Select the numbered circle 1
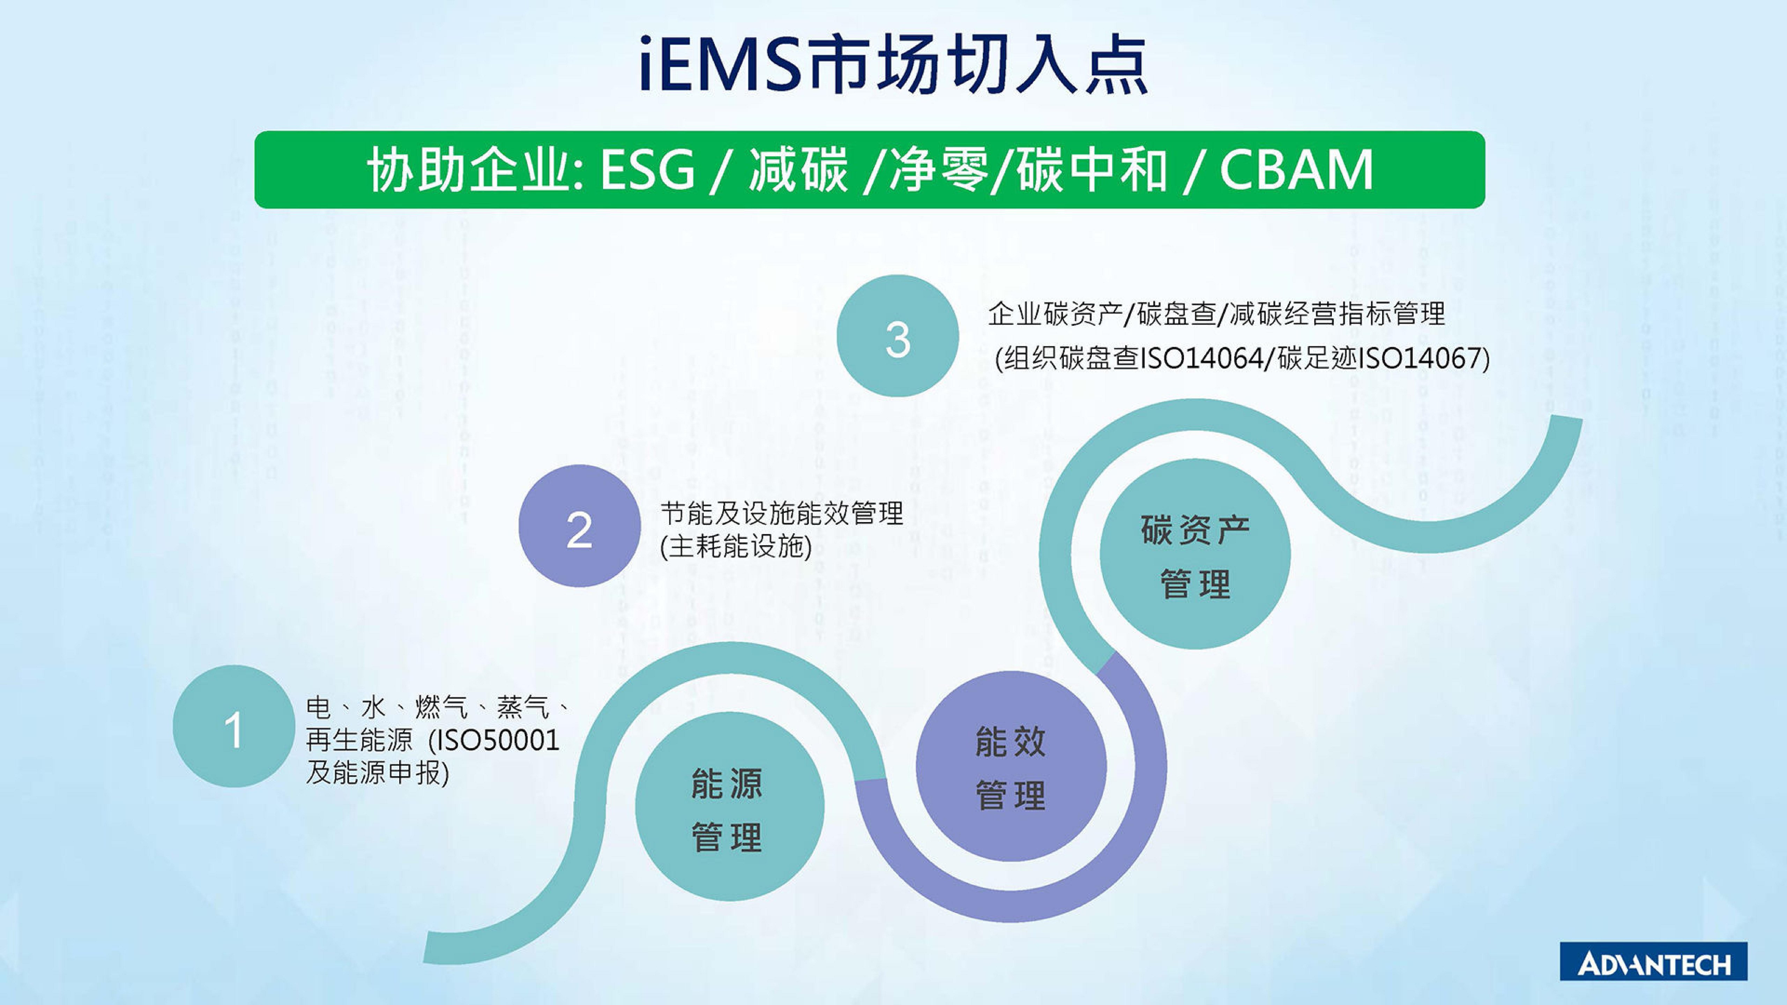[234, 726]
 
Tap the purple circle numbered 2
[579, 526]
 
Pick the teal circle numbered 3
[898, 336]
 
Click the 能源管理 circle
[730, 806]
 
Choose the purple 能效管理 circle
[1011, 766]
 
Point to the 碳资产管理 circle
[1195, 553]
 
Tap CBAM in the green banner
[1296, 170]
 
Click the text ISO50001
[494, 740]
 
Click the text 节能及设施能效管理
[781, 513]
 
